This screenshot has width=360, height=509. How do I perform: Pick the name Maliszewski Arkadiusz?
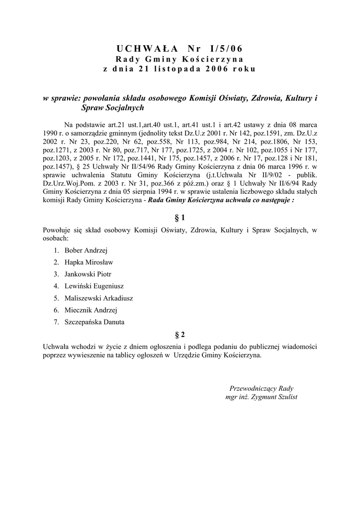[98, 298]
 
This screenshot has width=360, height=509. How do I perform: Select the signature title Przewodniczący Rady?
[262, 388]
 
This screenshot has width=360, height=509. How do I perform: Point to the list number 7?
[56, 322]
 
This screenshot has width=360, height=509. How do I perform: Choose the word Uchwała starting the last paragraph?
[56, 346]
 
